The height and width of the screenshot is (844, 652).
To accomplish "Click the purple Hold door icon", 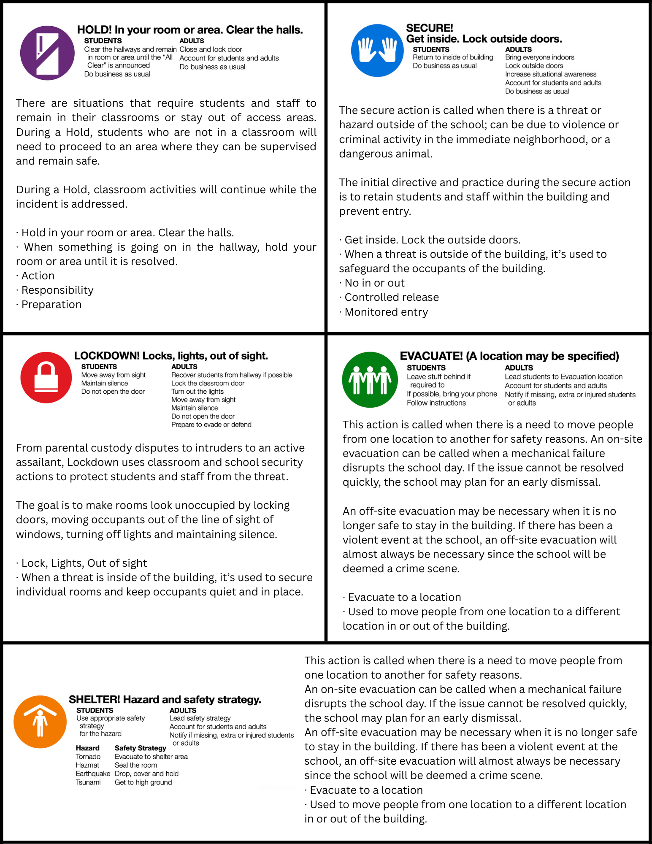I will click(x=47, y=53).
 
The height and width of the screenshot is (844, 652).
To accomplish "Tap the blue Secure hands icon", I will click(x=377, y=51).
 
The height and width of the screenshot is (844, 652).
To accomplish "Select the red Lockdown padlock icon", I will click(x=46, y=377).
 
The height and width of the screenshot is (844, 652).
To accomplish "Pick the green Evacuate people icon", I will click(x=370, y=379).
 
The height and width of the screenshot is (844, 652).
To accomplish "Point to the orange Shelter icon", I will click(x=40, y=722).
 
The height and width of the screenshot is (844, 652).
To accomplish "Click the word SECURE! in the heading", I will click(x=429, y=28).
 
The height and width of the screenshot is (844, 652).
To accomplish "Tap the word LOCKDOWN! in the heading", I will click(x=106, y=356).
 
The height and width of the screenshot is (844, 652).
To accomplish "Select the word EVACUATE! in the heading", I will click(x=431, y=356).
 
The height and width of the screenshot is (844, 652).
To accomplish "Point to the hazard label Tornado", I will click(x=88, y=757).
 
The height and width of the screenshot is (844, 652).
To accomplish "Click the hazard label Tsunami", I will click(x=88, y=782).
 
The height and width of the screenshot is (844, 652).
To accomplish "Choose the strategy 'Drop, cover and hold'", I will click(x=146, y=774).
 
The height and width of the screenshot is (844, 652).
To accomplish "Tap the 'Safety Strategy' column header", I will click(x=140, y=748).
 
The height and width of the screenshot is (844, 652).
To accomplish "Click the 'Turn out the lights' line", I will click(x=197, y=391).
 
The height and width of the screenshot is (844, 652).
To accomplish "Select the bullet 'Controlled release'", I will click(x=391, y=297).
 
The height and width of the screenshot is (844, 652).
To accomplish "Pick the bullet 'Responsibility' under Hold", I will click(x=57, y=290).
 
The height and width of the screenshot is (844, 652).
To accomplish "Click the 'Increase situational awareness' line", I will click(x=551, y=74).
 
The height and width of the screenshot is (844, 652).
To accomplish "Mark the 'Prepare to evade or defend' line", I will click(x=211, y=425).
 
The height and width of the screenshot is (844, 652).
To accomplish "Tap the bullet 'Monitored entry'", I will click(x=386, y=312).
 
